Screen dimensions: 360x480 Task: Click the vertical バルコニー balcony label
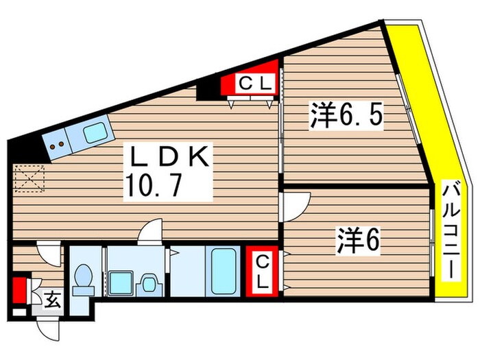click(x=451, y=230)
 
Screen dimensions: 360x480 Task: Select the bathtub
click(x=224, y=272)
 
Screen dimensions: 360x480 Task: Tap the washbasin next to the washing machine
click(x=147, y=282)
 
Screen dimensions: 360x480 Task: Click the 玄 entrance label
click(x=51, y=299)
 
